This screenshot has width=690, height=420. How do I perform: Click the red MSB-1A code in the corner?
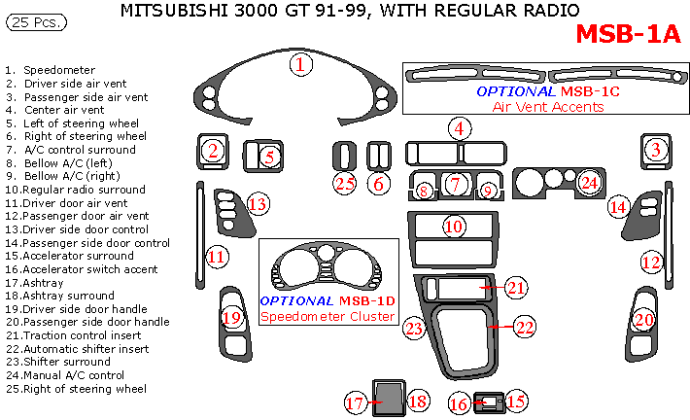coord(629,33)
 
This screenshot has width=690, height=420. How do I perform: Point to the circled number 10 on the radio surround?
coord(454,227)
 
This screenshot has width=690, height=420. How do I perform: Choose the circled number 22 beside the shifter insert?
coord(524,328)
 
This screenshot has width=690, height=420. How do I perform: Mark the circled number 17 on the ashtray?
coord(356,402)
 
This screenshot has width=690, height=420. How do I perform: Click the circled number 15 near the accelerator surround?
coord(515,401)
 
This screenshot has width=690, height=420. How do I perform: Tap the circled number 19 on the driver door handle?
coord(231,318)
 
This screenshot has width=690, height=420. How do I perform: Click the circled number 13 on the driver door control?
coord(258,204)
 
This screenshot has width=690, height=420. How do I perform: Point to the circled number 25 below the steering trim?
coord(344,182)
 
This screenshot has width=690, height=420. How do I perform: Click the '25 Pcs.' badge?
coord(31,21)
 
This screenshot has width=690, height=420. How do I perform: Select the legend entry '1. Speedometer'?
coord(51,71)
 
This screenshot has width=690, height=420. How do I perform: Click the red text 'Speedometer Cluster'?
coord(328,316)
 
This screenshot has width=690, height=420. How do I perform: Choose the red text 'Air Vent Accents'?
coord(548,106)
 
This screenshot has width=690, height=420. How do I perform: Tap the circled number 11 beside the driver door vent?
coord(217,257)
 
